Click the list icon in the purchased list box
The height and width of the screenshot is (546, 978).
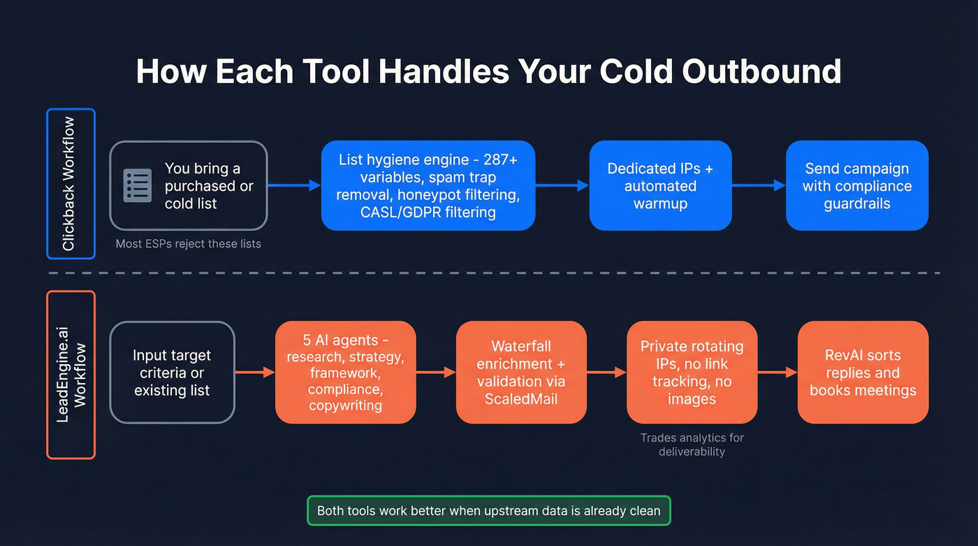click(x=138, y=186)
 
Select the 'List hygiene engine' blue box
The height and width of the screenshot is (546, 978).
click(x=428, y=186)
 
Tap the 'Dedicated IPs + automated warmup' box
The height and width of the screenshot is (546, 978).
click(x=660, y=186)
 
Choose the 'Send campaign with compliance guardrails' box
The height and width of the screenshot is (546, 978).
click(x=857, y=186)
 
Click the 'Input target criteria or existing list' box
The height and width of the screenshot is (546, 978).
click(x=172, y=373)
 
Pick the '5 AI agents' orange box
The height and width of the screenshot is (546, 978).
click(x=345, y=373)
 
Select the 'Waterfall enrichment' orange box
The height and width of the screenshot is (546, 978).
click(x=521, y=373)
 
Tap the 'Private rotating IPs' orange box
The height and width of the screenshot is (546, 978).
click(x=692, y=373)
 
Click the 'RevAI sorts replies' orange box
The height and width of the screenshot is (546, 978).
click(x=863, y=373)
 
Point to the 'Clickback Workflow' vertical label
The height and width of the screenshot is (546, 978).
click(x=71, y=183)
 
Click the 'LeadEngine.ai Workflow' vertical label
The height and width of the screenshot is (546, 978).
click(x=71, y=375)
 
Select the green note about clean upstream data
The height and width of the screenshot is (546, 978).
click(x=488, y=510)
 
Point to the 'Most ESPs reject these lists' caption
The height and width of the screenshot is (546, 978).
click(x=188, y=244)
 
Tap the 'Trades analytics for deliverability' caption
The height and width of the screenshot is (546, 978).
click(x=692, y=445)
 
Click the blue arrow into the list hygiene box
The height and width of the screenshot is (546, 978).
click(x=294, y=186)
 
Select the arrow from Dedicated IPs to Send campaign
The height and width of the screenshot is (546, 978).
click(x=759, y=186)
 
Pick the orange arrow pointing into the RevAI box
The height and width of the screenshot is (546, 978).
click(x=778, y=373)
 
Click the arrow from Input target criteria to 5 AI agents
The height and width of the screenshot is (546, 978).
click(x=256, y=373)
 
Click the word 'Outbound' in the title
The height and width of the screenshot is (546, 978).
click(x=761, y=71)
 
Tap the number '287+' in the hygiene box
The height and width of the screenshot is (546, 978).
click(x=500, y=160)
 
